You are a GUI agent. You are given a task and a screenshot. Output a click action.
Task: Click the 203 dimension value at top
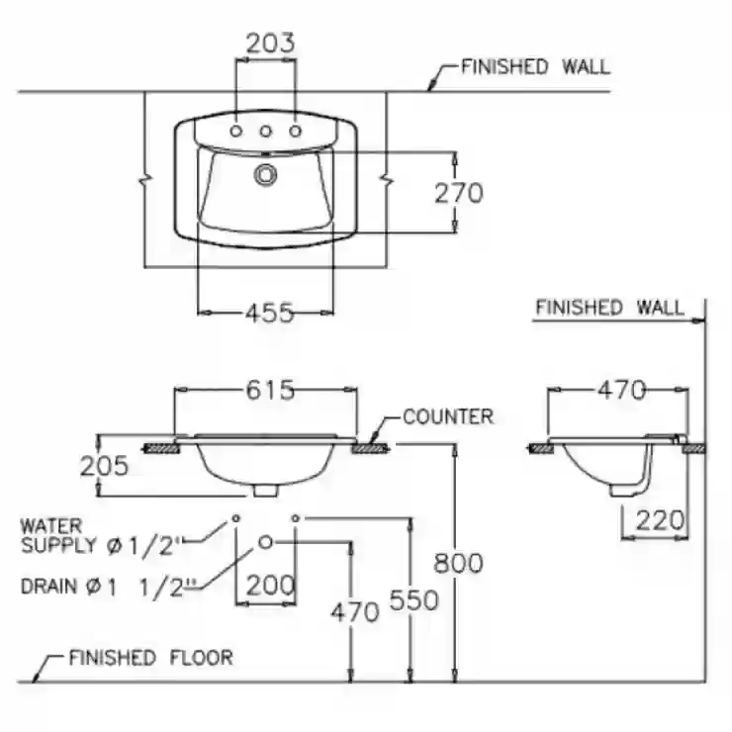coord(270,43)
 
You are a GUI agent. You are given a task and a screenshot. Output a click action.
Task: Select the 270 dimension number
coord(459,193)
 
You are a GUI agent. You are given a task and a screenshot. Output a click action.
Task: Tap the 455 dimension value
coord(270,313)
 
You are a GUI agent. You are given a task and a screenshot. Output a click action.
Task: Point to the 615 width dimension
coord(270,390)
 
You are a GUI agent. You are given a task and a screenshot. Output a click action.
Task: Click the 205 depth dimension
coord(104,466)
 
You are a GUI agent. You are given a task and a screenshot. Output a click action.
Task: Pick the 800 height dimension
coord(458,563)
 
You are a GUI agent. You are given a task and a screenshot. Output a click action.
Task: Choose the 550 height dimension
coord(414,599)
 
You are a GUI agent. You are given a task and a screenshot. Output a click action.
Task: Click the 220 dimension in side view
coord(660,520)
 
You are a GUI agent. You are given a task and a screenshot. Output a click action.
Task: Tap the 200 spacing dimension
coord(270,585)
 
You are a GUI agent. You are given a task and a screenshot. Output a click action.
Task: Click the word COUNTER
coord(448,416)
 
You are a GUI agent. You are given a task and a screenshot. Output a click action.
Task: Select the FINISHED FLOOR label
coord(150,658)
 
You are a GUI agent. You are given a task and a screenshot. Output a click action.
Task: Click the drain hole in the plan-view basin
coord(266,175)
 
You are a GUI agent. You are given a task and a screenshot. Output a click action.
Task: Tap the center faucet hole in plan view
coord(266,132)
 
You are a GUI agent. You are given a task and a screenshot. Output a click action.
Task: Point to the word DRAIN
coord(49,587)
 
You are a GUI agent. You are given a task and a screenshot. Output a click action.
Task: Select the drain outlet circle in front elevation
coord(266,542)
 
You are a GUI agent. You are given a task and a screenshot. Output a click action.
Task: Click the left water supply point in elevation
coord(236,518)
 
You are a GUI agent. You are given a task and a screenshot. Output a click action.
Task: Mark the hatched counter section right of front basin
coord(370,449)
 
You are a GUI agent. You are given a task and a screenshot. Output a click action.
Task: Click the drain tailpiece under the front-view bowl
coord(266,490)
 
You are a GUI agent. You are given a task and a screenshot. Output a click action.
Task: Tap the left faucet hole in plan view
coord(236,132)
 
